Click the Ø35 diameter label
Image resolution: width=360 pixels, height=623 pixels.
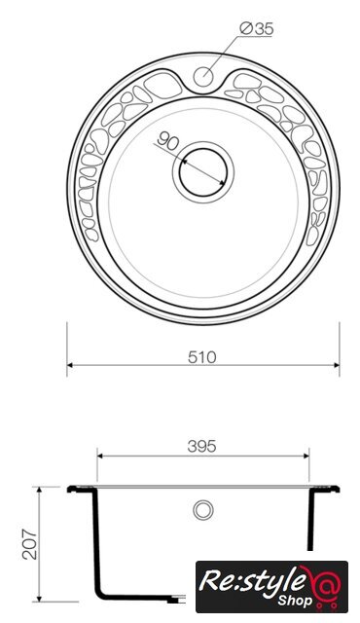[x=257, y=29]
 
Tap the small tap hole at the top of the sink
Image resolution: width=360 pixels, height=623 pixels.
[x=203, y=76]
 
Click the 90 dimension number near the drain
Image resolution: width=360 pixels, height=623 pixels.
[x=168, y=140]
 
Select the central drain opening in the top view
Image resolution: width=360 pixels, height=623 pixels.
[x=203, y=172]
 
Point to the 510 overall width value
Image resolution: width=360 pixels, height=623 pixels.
[x=202, y=357]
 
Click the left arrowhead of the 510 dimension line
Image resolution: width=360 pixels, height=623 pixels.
[x=70, y=365]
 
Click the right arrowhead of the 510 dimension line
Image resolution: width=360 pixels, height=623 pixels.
[x=337, y=365]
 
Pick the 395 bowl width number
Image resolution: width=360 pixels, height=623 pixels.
[x=202, y=447]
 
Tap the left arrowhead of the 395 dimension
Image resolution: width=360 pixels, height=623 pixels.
[x=100, y=457]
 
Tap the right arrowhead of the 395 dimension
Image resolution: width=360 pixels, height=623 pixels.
[x=306, y=457]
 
